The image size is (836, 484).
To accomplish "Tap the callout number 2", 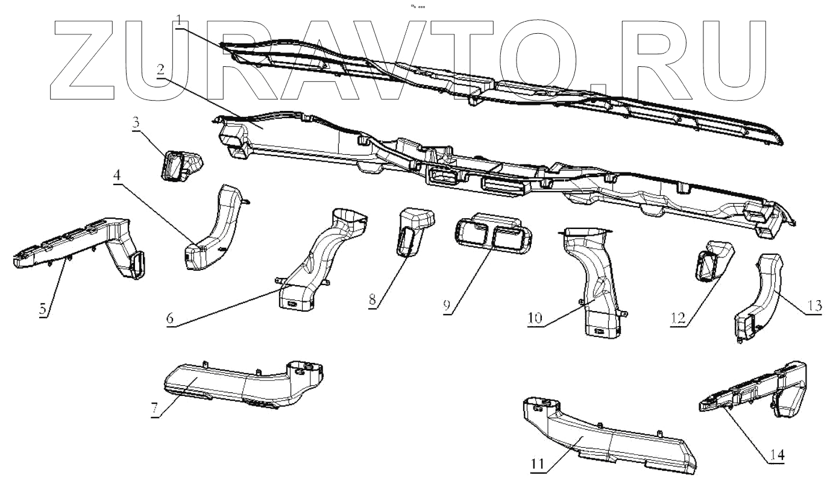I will coord(160,69).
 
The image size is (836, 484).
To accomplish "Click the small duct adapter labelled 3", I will coord(180,163).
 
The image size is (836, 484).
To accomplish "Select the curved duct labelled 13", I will coord(761,295).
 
